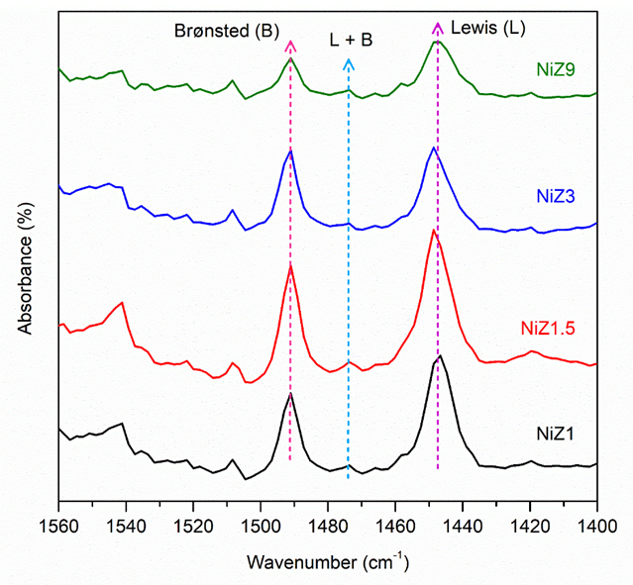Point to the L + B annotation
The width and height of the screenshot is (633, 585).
[348, 41]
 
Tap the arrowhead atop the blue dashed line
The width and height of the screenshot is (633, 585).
[348, 62]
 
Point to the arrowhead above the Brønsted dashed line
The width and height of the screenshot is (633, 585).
[289, 45]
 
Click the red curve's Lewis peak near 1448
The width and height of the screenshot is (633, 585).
[433, 231]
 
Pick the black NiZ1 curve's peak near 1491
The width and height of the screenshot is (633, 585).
[290, 394]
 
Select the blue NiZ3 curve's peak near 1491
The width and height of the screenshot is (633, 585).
[290, 150]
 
